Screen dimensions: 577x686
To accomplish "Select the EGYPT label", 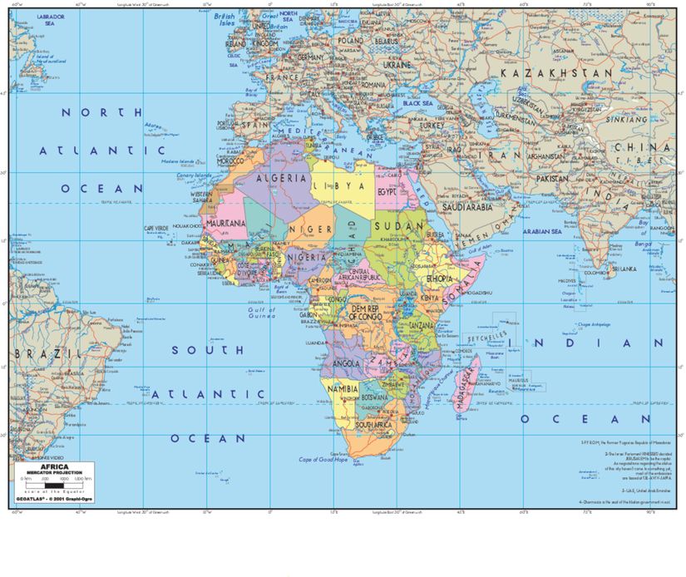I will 387,191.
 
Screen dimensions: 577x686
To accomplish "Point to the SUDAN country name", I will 393,225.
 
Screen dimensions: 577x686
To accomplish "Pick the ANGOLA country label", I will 346,363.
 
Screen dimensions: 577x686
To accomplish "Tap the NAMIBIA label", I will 343,389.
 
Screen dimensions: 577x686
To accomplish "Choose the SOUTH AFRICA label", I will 373,425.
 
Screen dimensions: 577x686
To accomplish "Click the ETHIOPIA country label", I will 439,279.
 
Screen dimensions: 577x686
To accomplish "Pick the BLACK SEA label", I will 417,103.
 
